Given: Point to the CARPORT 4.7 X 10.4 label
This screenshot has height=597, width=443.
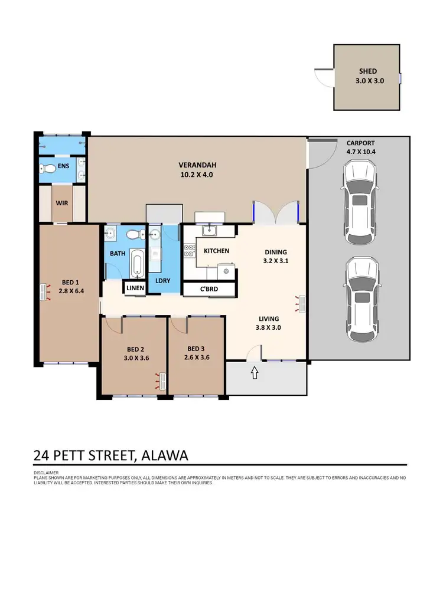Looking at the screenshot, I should [x=361, y=147].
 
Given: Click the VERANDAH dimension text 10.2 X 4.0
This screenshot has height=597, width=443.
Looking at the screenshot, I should [x=197, y=175].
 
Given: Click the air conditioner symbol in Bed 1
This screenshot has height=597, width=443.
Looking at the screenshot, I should [x=44, y=293].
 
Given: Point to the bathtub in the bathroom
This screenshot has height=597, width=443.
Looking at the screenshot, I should [x=136, y=263].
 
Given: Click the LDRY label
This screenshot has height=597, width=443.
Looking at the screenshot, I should [x=162, y=280].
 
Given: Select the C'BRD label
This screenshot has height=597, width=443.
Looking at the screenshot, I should [x=210, y=290].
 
